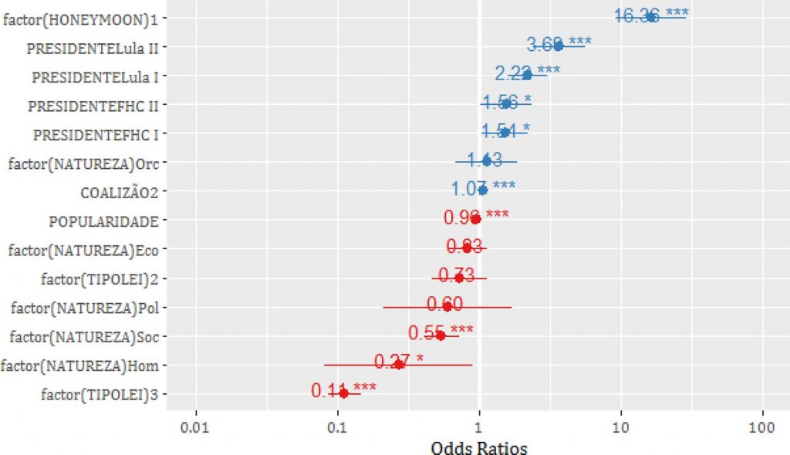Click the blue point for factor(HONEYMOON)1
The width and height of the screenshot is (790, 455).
coord(652,17)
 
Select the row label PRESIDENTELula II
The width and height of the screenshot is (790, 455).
coord(93,47)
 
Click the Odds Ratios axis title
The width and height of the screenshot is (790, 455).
coord(479,447)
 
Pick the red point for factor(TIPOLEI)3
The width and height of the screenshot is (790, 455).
coord(343,393)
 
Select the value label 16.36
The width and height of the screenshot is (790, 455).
coord(636,15)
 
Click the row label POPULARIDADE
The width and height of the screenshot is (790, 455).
coord(104,221)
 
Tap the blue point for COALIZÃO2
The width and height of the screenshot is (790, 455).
coord(483,190)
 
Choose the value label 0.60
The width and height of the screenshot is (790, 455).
coord(445,305)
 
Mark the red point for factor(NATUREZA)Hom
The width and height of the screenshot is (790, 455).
coord(399,363)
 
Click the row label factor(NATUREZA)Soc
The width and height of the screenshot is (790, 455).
coord(85,336)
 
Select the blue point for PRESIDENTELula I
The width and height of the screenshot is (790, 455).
coord(527,76)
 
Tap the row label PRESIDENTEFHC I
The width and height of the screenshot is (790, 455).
coord(96,134)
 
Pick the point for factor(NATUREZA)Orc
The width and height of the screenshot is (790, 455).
coord(486,160)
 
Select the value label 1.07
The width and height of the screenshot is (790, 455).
coord(468,189)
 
